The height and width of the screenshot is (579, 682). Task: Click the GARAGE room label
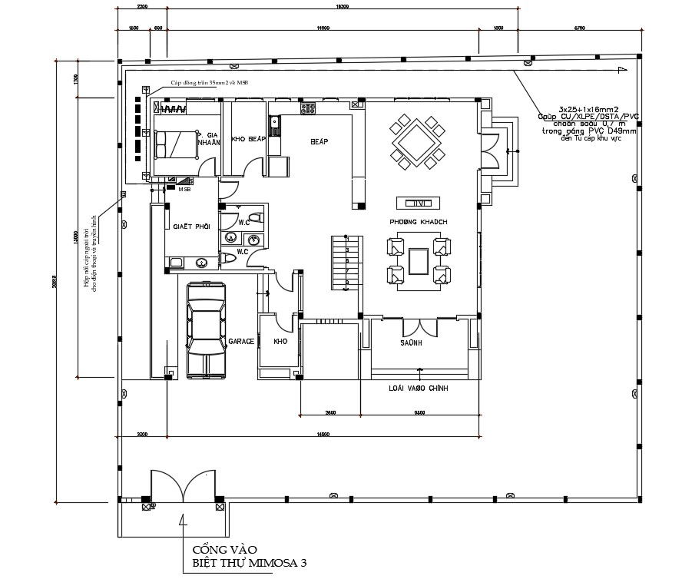click(x=241, y=340)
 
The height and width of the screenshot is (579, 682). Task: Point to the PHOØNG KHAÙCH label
click(x=419, y=222)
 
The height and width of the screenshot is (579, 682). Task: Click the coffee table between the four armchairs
click(x=419, y=261)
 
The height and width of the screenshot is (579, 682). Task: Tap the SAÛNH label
click(x=410, y=343)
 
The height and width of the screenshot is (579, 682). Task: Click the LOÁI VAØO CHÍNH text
click(x=419, y=389)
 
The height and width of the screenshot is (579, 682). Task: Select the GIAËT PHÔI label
click(x=192, y=227)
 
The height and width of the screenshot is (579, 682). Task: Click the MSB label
click(x=184, y=189)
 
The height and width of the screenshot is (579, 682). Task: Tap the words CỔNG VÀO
click(x=223, y=549)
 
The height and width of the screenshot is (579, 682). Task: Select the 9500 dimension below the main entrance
click(x=420, y=413)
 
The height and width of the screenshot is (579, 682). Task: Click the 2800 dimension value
click(x=330, y=413)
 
